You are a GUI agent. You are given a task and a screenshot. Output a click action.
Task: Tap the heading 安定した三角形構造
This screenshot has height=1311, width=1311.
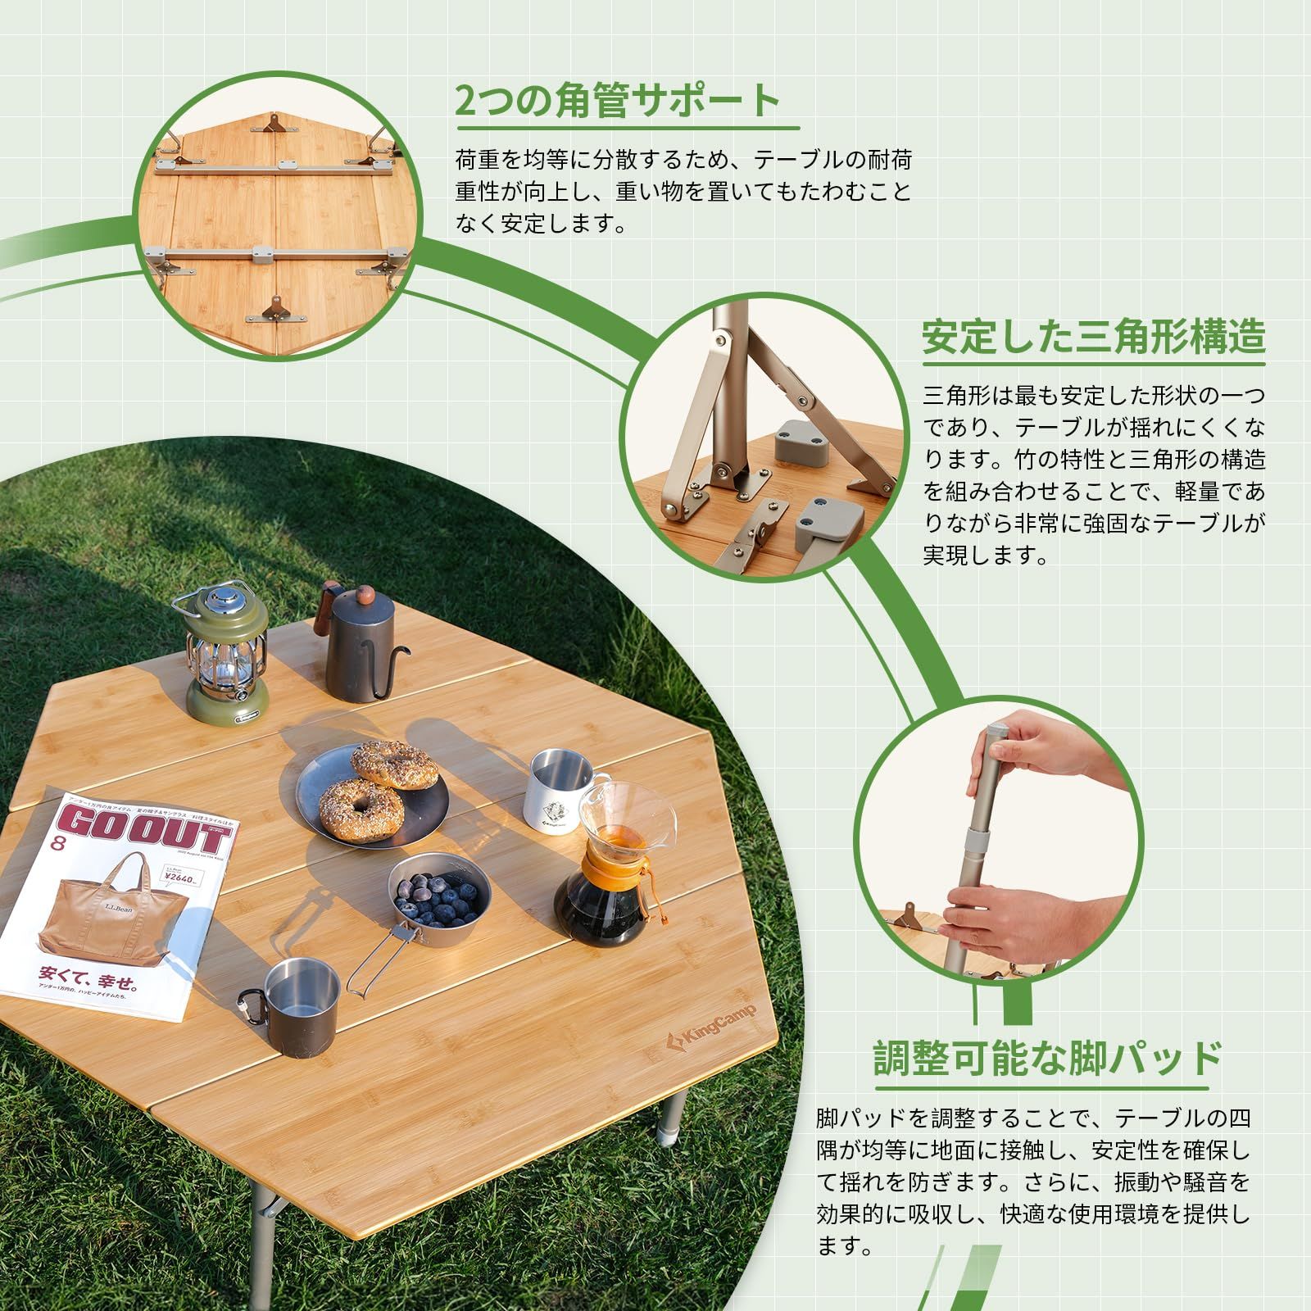[1094, 337]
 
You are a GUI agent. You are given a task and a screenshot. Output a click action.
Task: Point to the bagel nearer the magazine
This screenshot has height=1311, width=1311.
[361, 807]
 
